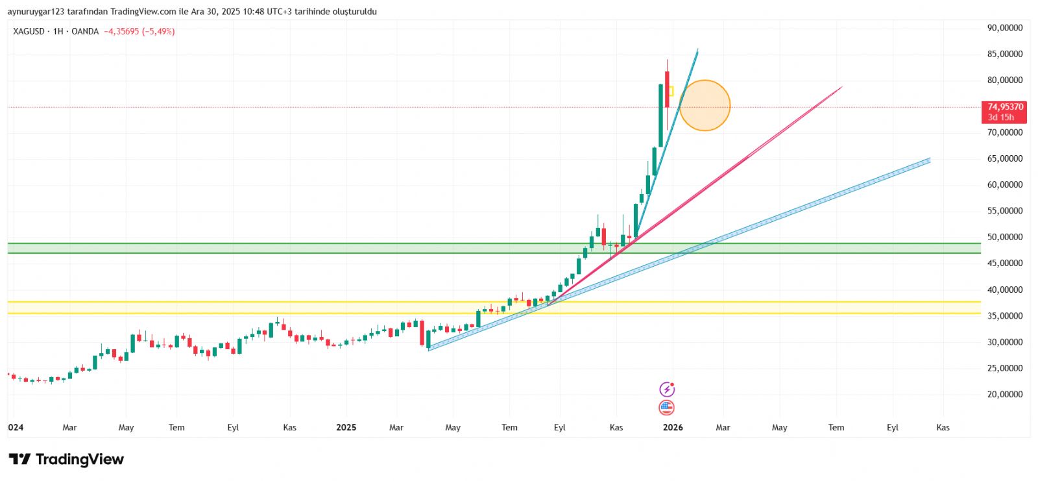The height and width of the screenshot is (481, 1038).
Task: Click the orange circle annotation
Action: coord(705,105)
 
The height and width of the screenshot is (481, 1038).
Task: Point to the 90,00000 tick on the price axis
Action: coord(1004,28)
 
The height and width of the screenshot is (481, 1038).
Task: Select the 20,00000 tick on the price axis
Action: coord(1004,394)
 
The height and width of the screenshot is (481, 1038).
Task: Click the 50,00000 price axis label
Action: coord(1004,237)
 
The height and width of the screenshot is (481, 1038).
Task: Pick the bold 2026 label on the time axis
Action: coord(673,427)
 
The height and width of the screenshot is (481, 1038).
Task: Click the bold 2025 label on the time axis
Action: coord(346,427)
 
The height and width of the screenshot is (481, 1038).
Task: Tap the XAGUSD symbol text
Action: coord(29,31)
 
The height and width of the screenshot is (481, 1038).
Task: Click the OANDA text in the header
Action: coord(85,31)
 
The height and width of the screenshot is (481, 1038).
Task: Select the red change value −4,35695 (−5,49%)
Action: coord(139,31)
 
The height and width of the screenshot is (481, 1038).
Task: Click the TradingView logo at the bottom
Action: coord(66,460)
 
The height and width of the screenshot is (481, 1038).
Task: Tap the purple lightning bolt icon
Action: coord(667,389)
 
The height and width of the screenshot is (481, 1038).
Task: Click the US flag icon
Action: coord(666,408)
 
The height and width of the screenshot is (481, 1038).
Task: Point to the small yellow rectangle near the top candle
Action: coord(671,91)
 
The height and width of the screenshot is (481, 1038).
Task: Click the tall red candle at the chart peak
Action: coord(667,91)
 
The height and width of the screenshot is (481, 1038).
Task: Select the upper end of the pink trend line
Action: coord(841,87)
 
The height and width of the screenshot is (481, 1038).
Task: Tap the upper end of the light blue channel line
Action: coord(929,160)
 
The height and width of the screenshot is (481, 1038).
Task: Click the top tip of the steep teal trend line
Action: coord(697,49)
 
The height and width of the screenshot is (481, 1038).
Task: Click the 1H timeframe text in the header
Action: coord(58,31)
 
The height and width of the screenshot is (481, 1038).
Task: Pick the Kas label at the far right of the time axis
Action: coord(943,427)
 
